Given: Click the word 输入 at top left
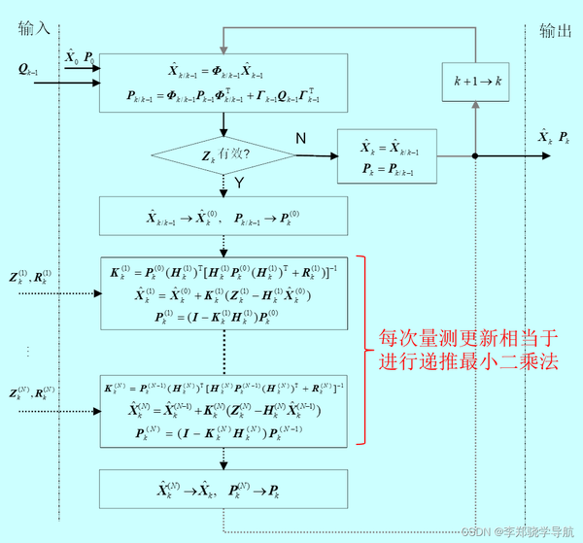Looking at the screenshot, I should [x=33, y=29].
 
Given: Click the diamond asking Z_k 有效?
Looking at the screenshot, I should [x=223, y=154].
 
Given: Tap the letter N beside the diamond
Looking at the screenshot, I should [x=300, y=139].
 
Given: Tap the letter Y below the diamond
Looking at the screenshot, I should [x=238, y=182].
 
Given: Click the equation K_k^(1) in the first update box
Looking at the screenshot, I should [x=224, y=270].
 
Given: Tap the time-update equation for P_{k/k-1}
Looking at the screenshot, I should [x=224, y=94].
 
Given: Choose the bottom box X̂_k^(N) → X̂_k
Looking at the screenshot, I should [x=224, y=489].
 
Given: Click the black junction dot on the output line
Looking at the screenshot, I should [x=474, y=155].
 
